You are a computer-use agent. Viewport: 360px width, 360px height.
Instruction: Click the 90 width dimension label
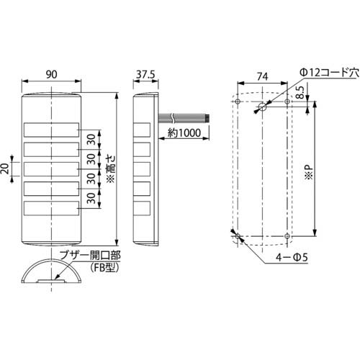[x=52, y=73]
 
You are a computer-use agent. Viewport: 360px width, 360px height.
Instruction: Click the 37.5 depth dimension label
[x=145, y=73]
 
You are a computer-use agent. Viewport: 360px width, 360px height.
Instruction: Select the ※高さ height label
[x=110, y=170]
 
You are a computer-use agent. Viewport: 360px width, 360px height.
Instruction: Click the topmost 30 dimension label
[x=91, y=140]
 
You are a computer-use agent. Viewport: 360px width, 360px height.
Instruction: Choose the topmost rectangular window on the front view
[x=52, y=130]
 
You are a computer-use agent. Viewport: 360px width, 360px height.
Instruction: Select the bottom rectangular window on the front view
[x=52, y=209]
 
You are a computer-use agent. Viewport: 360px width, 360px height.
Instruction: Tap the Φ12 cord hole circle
[x=260, y=107]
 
